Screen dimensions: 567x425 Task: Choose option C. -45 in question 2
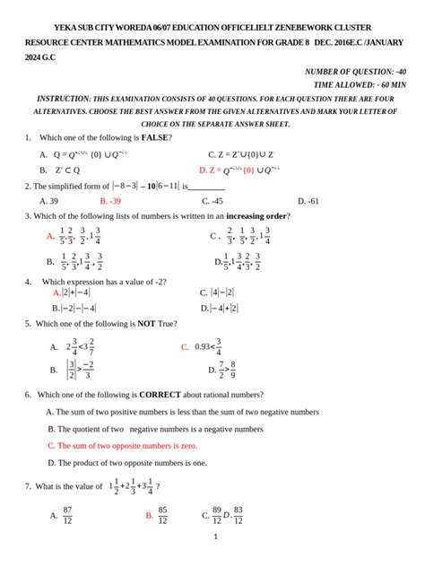click(211, 201)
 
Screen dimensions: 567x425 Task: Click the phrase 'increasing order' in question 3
click(257, 216)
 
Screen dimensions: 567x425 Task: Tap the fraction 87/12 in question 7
click(67, 515)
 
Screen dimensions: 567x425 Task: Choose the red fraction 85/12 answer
click(162, 515)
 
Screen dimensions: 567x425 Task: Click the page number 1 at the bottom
click(216, 537)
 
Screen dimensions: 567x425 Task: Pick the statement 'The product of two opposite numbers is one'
click(126, 463)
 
